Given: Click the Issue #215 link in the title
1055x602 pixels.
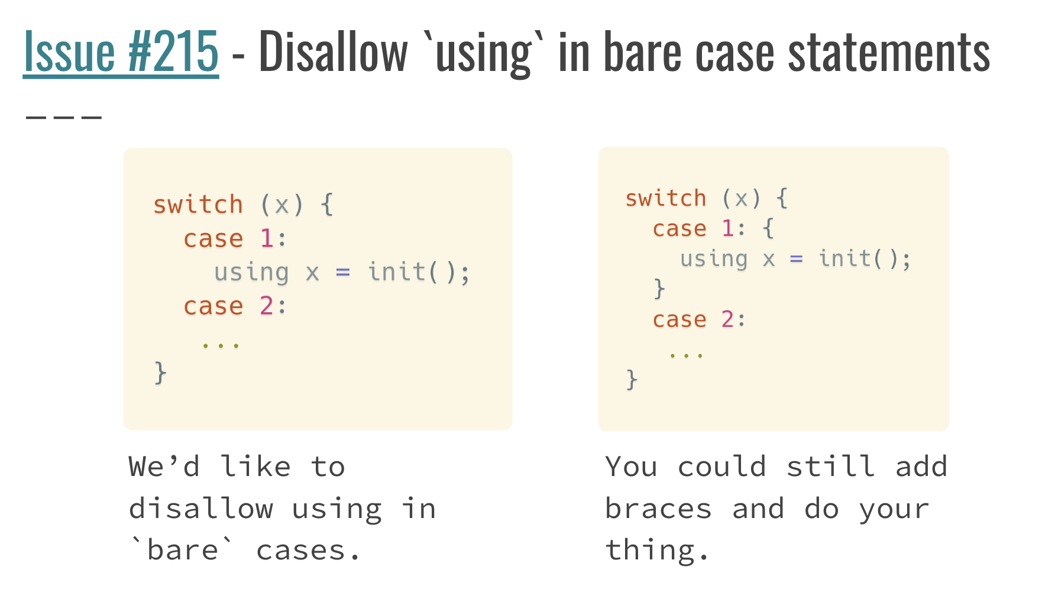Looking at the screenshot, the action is click(x=121, y=52).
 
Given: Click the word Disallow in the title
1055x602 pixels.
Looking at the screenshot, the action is click(x=333, y=52).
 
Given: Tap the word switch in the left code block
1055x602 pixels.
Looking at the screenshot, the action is click(x=198, y=205).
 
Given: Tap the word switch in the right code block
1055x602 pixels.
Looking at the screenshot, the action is click(x=666, y=198).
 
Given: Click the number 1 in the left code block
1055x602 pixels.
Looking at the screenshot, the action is click(x=267, y=239).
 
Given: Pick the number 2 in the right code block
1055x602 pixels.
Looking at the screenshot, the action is click(x=727, y=319).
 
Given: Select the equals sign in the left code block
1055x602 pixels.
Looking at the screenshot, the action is click(x=343, y=273).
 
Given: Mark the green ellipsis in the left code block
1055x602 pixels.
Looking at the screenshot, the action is click(x=221, y=345).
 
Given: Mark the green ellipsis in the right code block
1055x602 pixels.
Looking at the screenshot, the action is click(x=686, y=355).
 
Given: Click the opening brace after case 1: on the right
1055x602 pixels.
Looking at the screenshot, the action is click(x=768, y=228).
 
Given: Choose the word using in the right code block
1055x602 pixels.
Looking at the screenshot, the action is click(x=714, y=259).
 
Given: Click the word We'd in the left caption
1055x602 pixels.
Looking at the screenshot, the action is click(x=164, y=467).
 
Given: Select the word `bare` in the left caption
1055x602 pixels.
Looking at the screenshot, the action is click(x=182, y=550).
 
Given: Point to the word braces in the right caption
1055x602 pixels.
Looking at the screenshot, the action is click(x=658, y=509).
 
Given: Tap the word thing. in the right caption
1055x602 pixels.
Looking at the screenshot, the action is click(x=656, y=551).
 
